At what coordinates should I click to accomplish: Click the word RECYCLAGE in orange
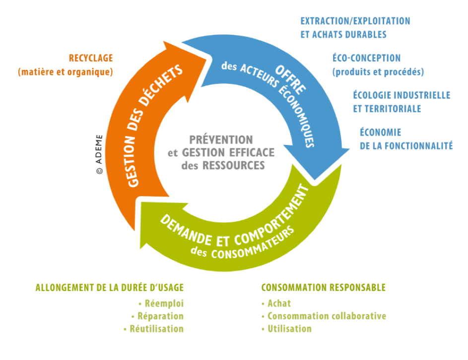tap(91, 59)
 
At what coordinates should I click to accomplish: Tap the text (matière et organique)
tap(66, 72)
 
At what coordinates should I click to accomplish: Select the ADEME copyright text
tap(99, 154)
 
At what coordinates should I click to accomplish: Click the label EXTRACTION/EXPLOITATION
tap(355, 21)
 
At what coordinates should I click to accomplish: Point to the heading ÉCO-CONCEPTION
tap(366, 59)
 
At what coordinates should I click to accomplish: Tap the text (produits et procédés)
tap(378, 72)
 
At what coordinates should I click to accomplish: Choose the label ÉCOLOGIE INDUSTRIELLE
tap(401, 95)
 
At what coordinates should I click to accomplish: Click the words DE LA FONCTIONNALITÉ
tap(406, 146)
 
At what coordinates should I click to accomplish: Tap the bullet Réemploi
tap(161, 303)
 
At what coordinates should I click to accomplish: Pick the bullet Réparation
tap(157, 316)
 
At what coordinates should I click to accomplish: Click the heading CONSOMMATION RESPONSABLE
tap(323, 288)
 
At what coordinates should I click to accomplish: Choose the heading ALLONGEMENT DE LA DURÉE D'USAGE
tap(110, 288)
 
